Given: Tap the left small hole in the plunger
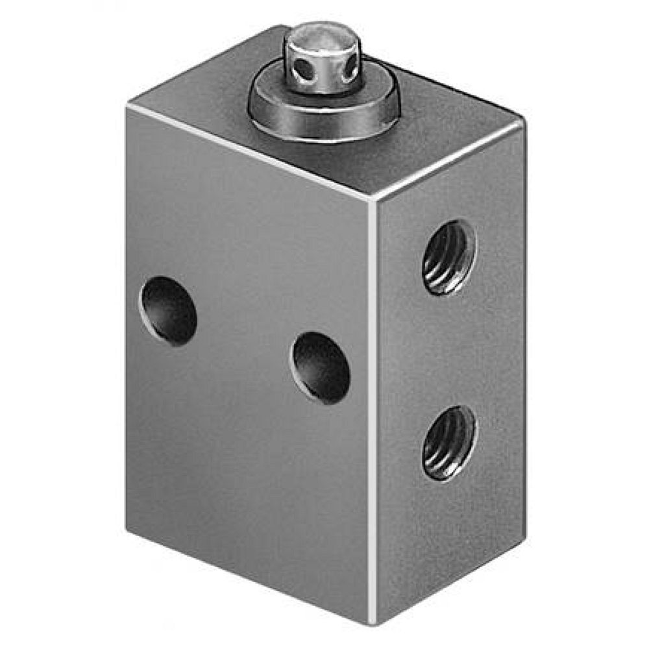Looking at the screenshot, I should point(299,67).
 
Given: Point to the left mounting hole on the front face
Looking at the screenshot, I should point(169,310).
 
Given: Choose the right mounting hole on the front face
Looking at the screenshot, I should point(321,367).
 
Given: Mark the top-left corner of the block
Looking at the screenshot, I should point(128,105).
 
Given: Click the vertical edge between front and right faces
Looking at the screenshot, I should point(372,409).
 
